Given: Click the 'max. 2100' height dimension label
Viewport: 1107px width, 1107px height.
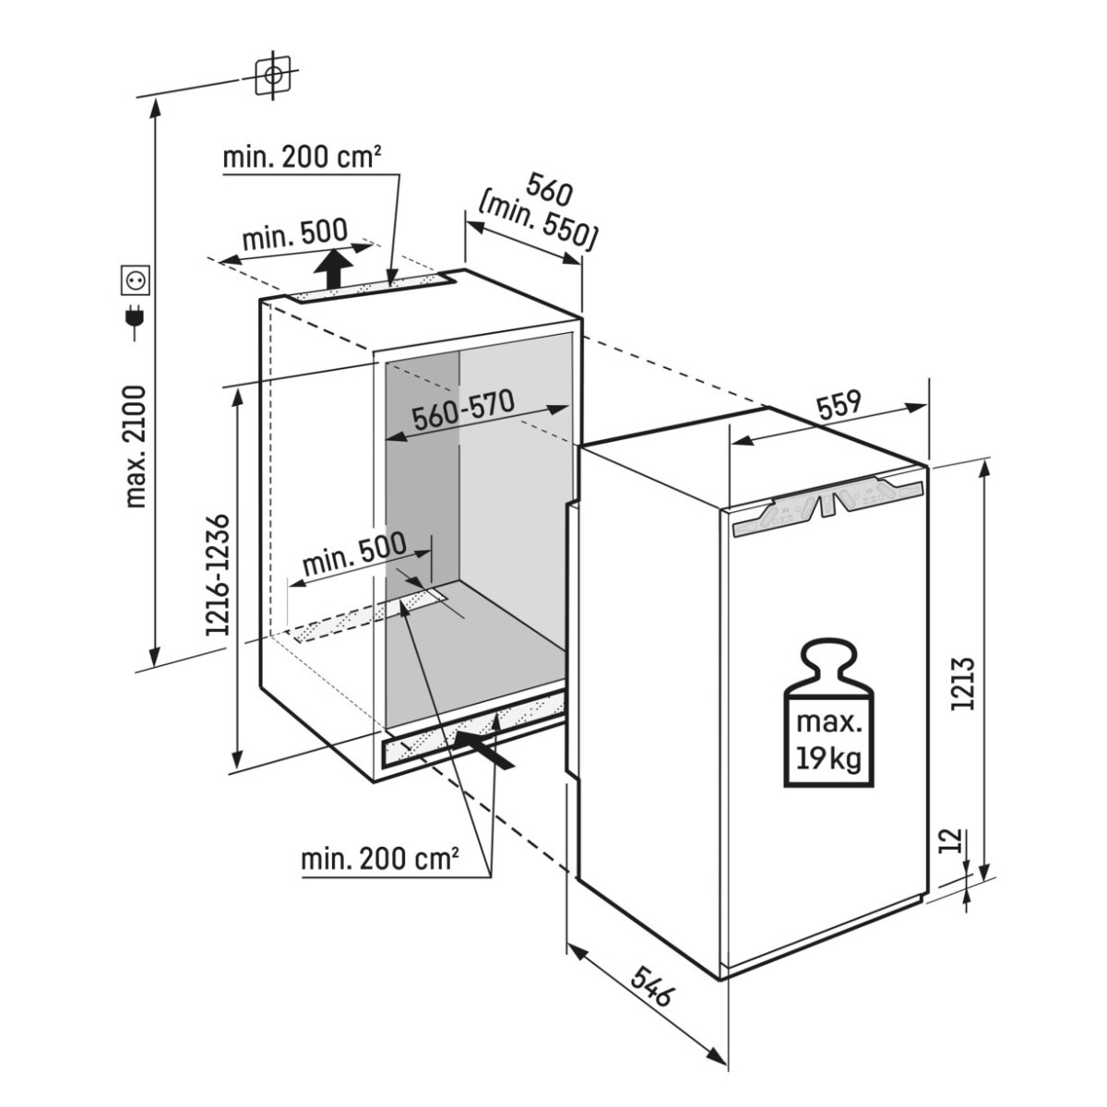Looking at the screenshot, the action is tap(137, 447).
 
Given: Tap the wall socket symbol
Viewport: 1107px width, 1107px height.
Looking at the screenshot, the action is tap(137, 280).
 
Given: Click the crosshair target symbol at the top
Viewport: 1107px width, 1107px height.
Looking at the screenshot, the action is tap(274, 76).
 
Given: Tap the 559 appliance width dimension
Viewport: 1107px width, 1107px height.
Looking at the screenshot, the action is tap(839, 404).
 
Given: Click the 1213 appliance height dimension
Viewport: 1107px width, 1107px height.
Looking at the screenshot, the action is tap(963, 684).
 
